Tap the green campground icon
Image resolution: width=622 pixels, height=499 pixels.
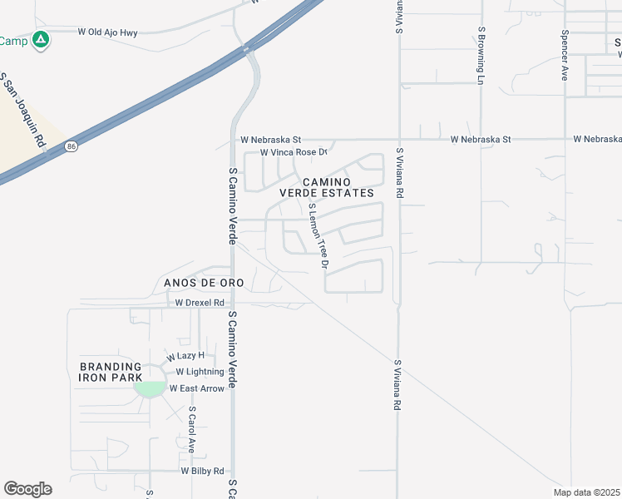pos(40,39)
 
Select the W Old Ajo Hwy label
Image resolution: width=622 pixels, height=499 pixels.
pos(107,32)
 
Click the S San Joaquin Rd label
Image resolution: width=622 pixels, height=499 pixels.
pos(22,110)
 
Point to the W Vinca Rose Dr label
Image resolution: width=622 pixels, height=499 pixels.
pos(294,153)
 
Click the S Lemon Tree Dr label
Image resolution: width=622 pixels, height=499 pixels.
pos(319,235)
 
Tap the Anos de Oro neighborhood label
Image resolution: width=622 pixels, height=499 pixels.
pos(204,283)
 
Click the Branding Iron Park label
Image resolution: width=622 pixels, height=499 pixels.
pos(111,372)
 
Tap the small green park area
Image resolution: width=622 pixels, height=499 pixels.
pos(149,388)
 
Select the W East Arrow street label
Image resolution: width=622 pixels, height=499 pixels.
pos(197,388)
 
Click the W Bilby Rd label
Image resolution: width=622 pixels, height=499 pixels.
pos(203,471)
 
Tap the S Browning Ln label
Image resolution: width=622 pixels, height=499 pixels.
pos(481,55)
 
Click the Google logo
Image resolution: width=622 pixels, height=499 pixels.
pos(27,489)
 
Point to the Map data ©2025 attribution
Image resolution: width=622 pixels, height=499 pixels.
pos(586,492)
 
